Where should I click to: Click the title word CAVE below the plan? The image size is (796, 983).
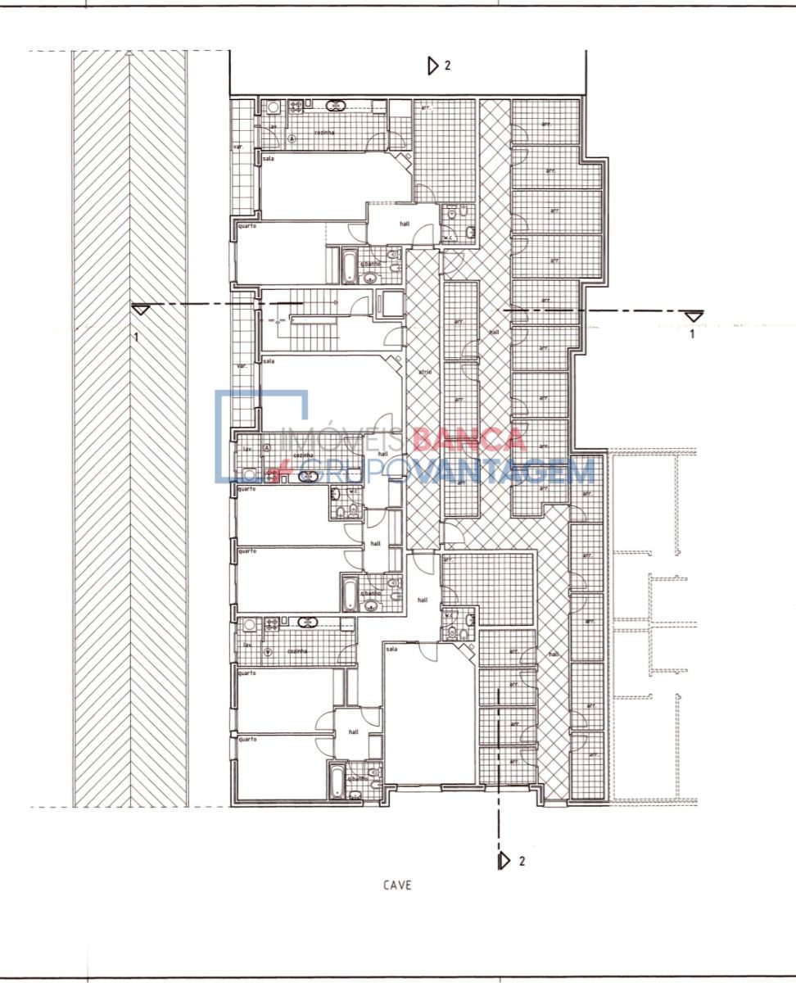coord(396,885)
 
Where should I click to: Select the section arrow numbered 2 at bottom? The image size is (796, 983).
coord(504,860)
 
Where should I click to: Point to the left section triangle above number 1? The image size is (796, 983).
coord(141,309)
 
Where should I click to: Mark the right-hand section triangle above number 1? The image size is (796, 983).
coord(694,316)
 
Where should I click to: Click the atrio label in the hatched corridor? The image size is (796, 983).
coord(424,371)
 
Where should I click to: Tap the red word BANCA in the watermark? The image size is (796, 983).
coord(468,440)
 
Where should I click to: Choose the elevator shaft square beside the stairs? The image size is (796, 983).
coord(389,303)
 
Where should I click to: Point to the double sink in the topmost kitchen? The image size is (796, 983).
coord(296,106)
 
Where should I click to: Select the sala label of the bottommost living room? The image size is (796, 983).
coord(391,649)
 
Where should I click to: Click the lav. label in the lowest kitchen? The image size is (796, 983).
coord(247,645)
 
